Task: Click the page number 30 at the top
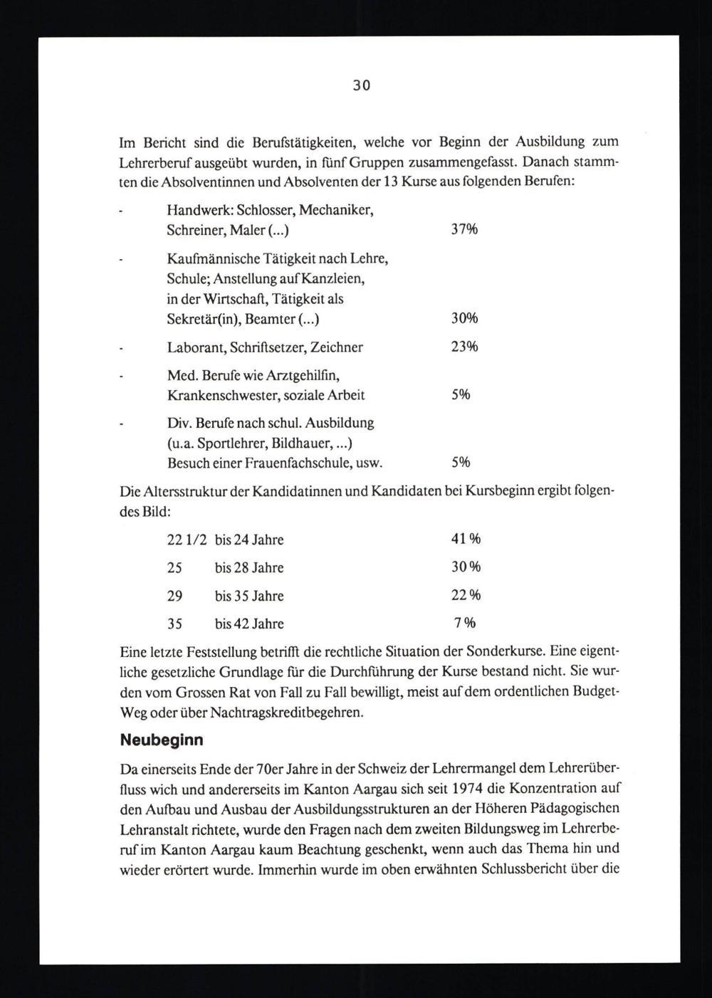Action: [361, 86]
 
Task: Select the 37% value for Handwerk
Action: [464, 229]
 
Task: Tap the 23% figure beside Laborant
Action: [464, 347]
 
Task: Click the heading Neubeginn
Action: [162, 740]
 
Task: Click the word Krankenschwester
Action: [219, 395]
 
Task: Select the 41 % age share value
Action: [466, 539]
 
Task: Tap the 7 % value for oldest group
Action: [465, 623]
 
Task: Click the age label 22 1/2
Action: [187, 540]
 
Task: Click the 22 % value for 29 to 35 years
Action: [466, 595]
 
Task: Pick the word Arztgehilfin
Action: [305, 375]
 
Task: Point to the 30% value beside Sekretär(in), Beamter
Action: [464, 318]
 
